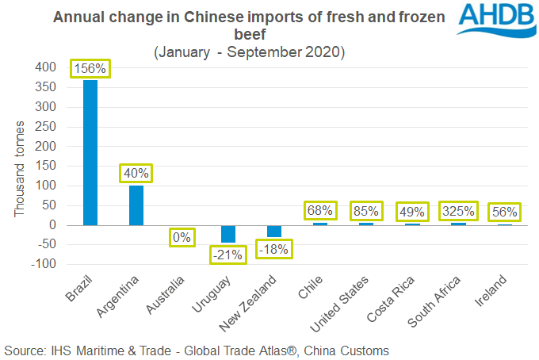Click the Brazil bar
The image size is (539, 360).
coord(90,152)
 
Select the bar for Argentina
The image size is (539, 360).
coord(136,205)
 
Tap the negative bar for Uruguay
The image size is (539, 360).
coord(228,233)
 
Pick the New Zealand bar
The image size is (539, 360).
coord(274,231)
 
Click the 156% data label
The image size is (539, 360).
coord(90,68)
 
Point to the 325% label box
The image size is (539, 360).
coord(457,212)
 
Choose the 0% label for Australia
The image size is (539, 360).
coord(182,236)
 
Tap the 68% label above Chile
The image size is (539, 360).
coord(320,212)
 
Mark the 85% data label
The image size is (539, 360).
coord(366,212)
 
